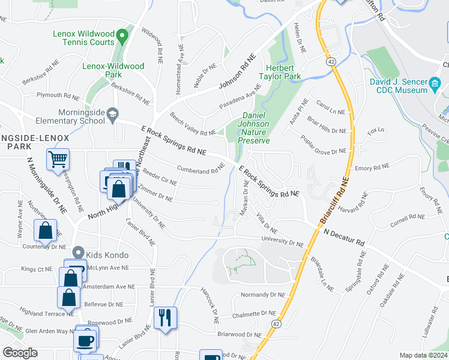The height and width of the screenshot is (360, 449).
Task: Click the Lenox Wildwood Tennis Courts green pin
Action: click(x=122, y=37)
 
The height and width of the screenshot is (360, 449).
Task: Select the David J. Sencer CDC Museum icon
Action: click(x=436, y=84)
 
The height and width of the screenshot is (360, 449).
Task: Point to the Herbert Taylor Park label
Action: click(x=279, y=72)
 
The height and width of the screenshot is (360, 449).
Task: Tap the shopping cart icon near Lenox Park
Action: click(x=58, y=160)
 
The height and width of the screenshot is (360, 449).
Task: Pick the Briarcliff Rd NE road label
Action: click(x=338, y=200)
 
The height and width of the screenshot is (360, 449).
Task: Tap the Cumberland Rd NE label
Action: click(x=200, y=170)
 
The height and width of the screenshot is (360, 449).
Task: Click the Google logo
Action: click(x=20, y=353)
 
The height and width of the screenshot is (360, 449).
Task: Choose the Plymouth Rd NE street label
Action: click(x=58, y=95)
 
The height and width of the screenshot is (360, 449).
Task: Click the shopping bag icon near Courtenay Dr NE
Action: click(x=46, y=230)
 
